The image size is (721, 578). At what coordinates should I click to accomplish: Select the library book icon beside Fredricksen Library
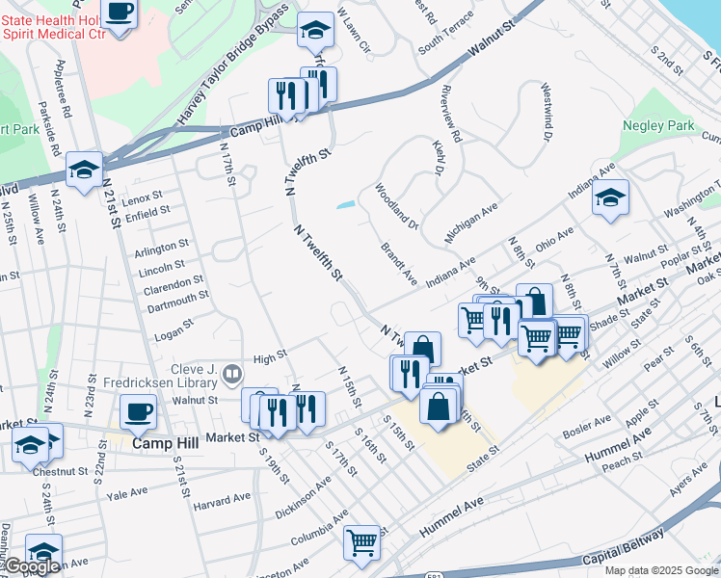click(x=232, y=373)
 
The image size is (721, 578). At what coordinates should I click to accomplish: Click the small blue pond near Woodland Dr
click(x=344, y=204)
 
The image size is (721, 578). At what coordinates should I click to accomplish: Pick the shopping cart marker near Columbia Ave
click(x=362, y=541)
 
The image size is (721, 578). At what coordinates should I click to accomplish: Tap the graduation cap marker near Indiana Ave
click(x=610, y=198)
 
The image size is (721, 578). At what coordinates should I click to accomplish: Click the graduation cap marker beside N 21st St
click(x=85, y=171)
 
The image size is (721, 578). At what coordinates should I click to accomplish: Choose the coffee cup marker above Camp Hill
click(x=138, y=412)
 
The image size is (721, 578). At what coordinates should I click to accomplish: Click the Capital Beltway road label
click(x=624, y=545)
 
